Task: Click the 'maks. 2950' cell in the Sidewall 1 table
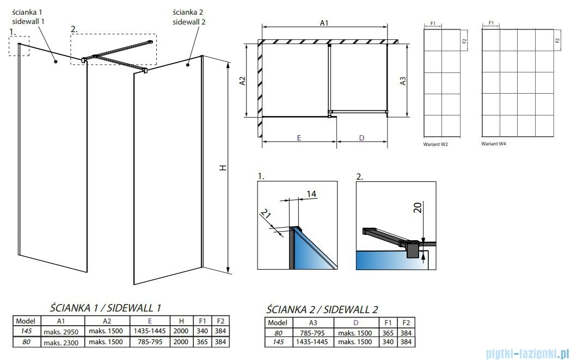point(62,331)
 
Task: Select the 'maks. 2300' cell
point(62,341)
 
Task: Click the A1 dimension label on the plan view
point(324,23)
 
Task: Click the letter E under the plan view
point(299,138)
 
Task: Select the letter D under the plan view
point(361,138)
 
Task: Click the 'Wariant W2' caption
point(435,145)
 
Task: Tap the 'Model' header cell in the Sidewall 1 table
point(26,321)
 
